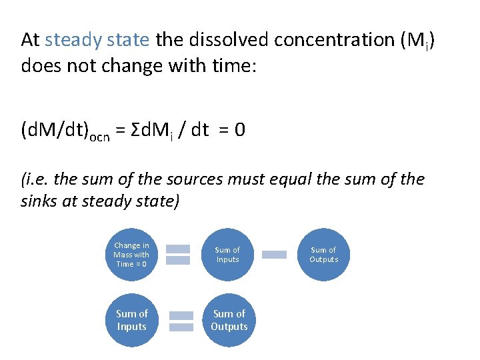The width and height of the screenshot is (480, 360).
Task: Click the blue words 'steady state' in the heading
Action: coord(97,40)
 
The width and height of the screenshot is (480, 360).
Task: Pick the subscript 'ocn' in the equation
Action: coord(101,134)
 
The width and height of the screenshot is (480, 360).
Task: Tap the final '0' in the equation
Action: coord(240,129)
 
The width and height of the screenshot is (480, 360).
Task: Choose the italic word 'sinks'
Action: coord(39,201)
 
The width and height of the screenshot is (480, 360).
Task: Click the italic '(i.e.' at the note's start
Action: coord(35,179)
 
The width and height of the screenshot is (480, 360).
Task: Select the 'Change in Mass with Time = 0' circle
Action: coord(131,255)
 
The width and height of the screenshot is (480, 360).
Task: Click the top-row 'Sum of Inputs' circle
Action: coord(227,255)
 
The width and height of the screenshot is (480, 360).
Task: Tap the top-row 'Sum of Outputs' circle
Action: coord(323,255)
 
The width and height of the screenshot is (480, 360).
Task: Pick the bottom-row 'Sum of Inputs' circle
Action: coord(131,320)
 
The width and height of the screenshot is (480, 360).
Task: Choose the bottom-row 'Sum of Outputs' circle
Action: coord(229,320)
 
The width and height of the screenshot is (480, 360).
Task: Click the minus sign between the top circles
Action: coord(274,255)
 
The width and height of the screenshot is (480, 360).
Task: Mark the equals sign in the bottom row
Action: coord(181,320)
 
